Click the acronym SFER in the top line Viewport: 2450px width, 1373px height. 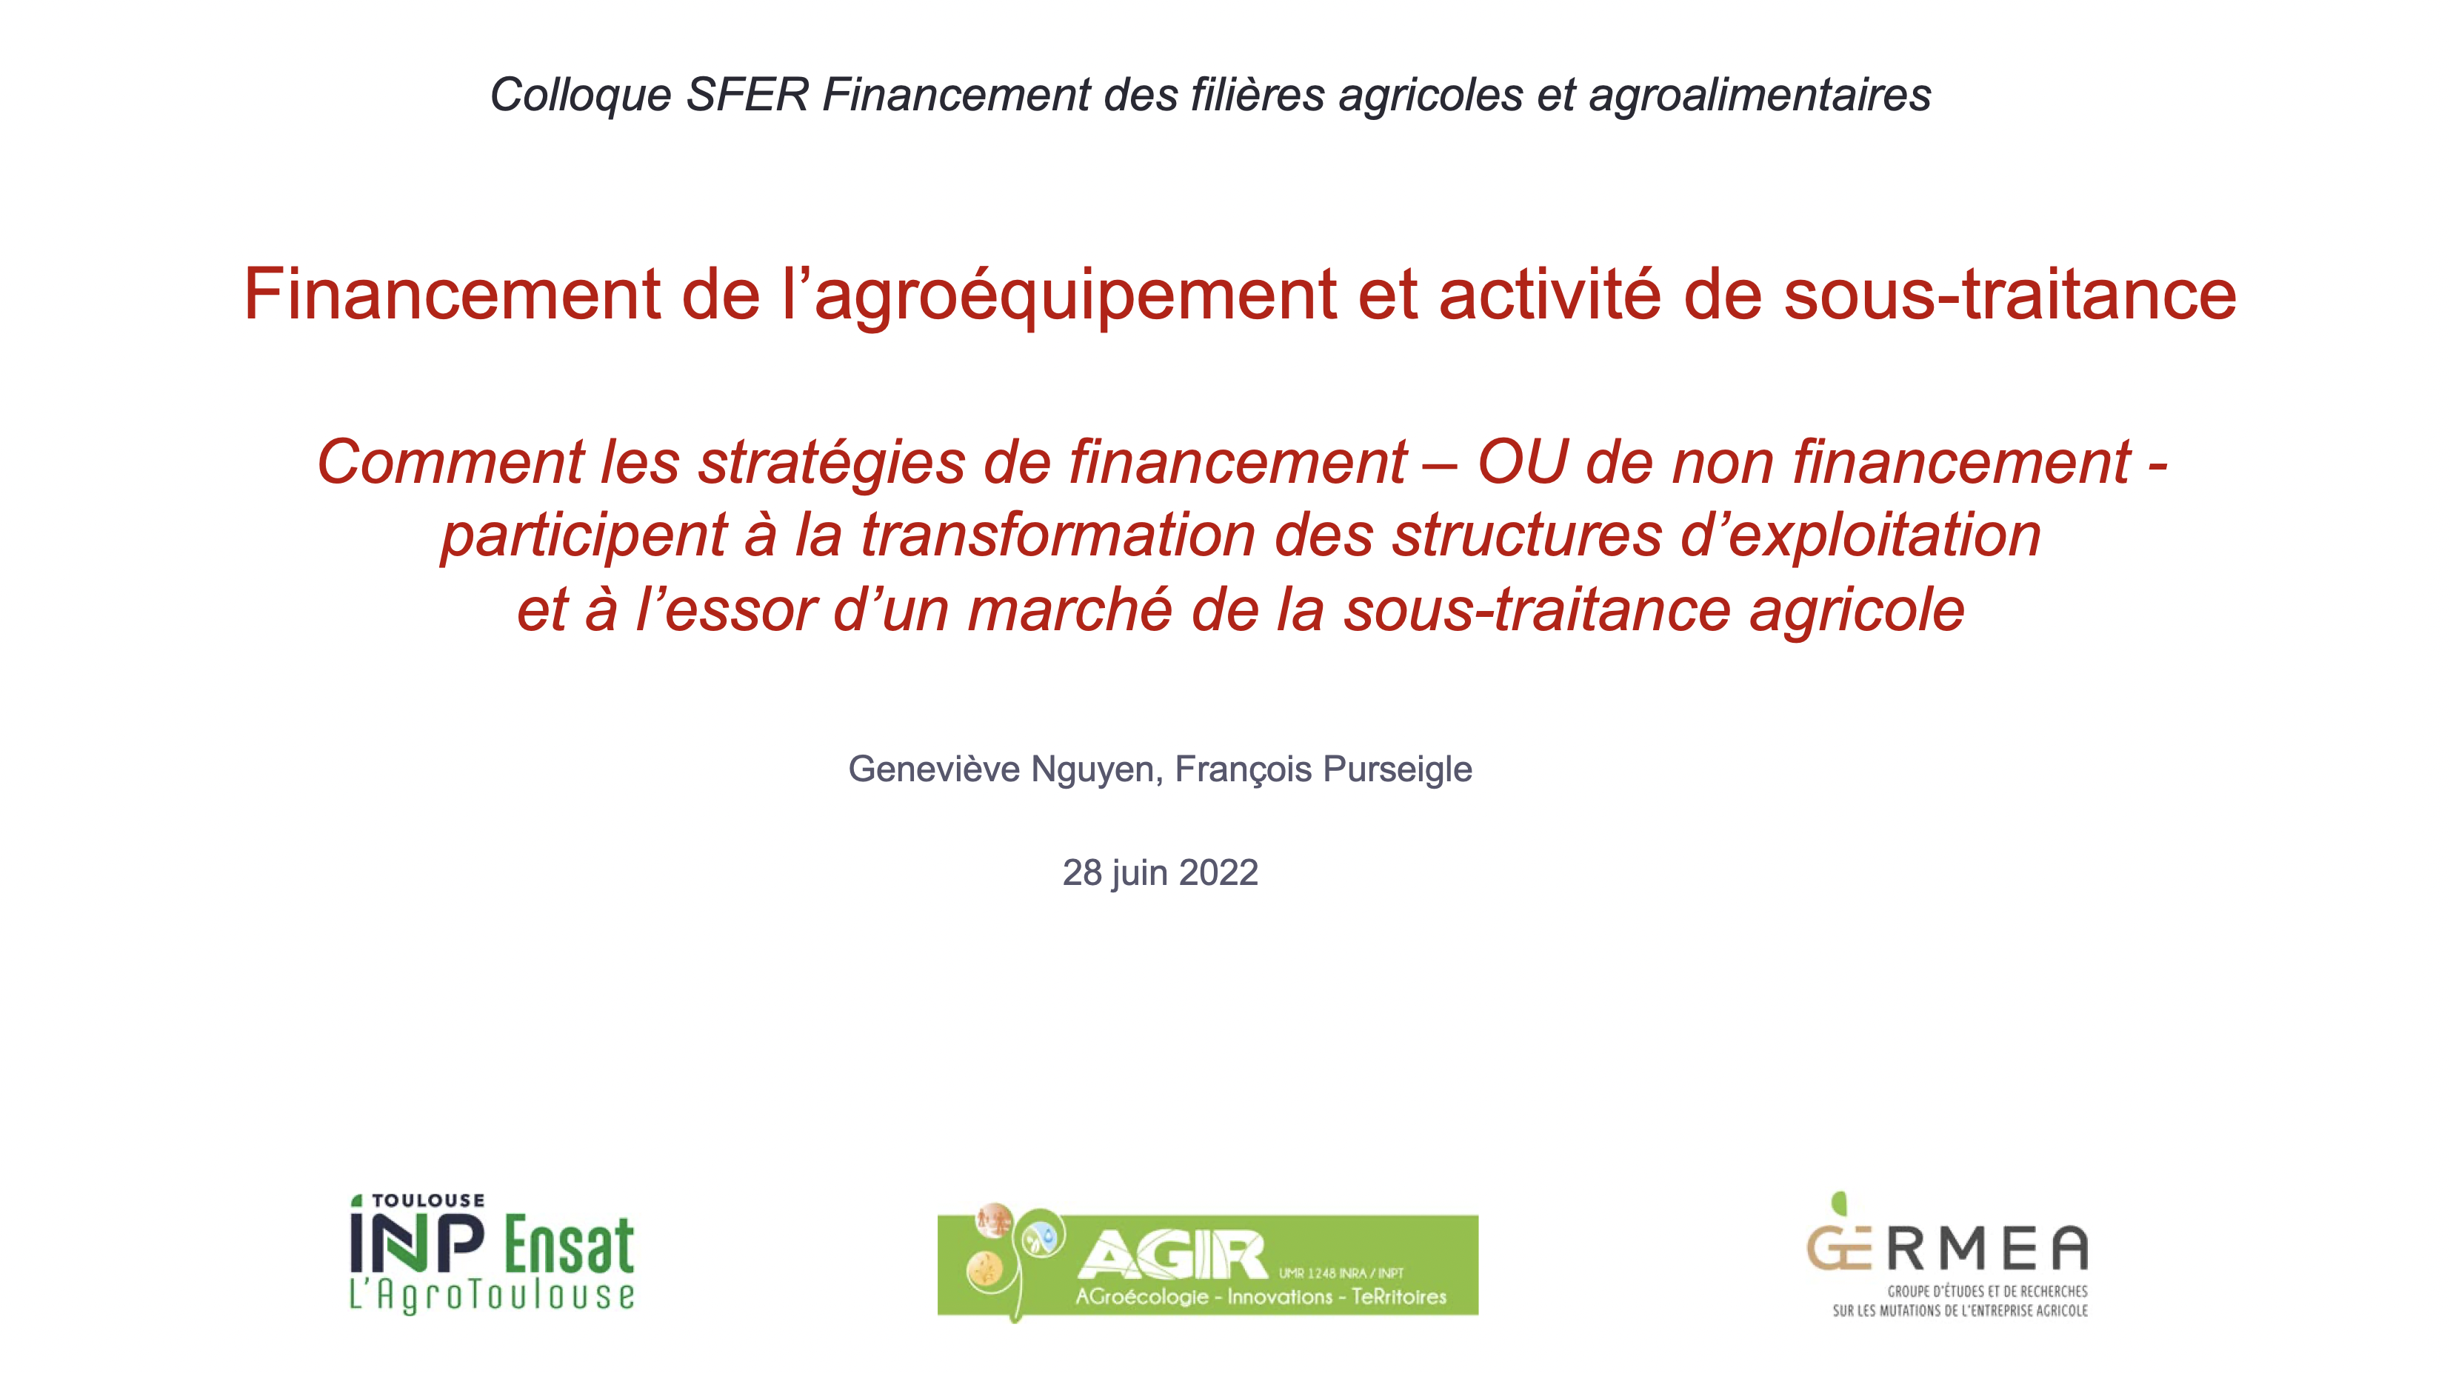tap(747, 95)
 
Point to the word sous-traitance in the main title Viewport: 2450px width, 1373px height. tap(2009, 295)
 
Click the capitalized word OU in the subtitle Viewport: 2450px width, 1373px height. tap(1522, 463)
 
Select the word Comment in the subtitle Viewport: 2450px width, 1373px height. tap(450, 463)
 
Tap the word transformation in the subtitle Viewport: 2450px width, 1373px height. tap(1058, 535)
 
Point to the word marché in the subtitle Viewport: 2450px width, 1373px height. tap(1070, 609)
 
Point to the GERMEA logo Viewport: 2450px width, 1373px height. tap(1948, 1255)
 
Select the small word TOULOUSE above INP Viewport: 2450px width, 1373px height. tap(428, 1201)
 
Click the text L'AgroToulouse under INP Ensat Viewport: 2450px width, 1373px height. tap(492, 1296)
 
